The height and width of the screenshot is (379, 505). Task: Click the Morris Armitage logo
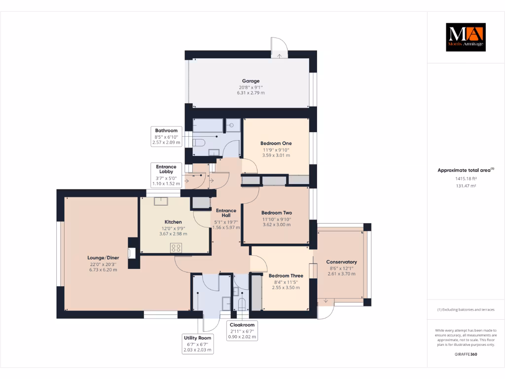pyautogui.click(x=466, y=37)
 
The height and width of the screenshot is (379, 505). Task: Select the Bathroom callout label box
pyautogui.click(x=166, y=137)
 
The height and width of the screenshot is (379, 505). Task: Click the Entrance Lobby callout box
pyautogui.click(x=166, y=175)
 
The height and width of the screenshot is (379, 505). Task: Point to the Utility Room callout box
pyautogui.click(x=198, y=344)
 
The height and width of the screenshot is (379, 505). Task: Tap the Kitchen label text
pyautogui.click(x=173, y=222)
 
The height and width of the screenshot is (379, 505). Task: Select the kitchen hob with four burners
pyautogui.click(x=176, y=248)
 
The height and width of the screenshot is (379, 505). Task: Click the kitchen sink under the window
pyautogui.click(x=161, y=201)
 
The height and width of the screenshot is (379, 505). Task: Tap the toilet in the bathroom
pyautogui.click(x=199, y=143)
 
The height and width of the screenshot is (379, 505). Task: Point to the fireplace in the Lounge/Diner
pyautogui.click(x=131, y=253)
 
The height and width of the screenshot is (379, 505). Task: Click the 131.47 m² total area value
pyautogui.click(x=466, y=186)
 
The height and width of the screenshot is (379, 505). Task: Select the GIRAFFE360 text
pyautogui.click(x=466, y=354)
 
